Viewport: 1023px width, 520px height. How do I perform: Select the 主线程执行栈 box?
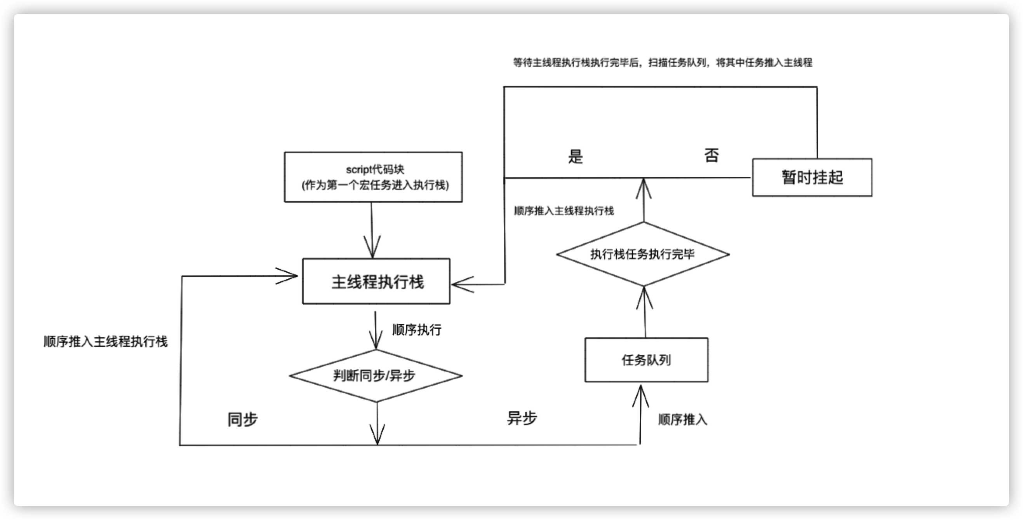tap(376, 282)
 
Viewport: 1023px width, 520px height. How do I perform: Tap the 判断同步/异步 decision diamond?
tap(376, 375)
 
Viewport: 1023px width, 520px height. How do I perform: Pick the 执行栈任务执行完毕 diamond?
tap(643, 254)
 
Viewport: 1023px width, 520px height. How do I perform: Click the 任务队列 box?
tap(646, 360)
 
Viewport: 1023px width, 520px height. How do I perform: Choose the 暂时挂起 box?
tap(812, 177)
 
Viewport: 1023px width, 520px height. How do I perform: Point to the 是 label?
tap(576, 157)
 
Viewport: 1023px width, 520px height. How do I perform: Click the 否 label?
tap(711, 155)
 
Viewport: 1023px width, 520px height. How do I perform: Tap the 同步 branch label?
tap(242, 419)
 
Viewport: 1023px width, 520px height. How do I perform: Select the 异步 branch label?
tap(522, 418)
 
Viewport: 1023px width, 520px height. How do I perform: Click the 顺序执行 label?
tap(417, 330)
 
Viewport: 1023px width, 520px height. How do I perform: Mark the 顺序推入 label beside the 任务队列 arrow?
tap(682, 419)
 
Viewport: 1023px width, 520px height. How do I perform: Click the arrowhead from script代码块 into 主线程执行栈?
tap(372, 248)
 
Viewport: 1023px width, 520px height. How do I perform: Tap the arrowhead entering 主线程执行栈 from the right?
tap(461, 284)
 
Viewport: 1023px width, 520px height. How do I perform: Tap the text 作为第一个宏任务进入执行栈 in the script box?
tap(375, 185)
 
